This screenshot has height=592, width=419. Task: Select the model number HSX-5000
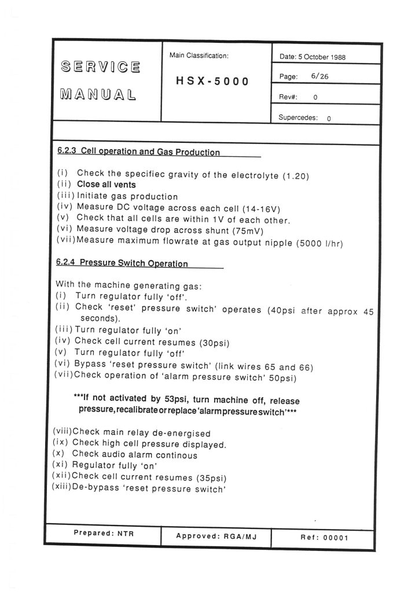coord(212,82)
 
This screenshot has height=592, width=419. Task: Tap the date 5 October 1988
coord(321,57)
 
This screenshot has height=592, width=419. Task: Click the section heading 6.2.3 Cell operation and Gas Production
coord(138,153)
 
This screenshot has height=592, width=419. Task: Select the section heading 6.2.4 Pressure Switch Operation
coord(122,264)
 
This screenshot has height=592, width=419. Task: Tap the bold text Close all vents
coord(106,186)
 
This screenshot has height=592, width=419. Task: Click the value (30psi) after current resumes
coord(215,342)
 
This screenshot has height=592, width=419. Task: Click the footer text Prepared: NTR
coord(104,534)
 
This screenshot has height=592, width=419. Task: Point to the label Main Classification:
coord(199,56)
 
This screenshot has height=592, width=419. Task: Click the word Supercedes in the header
coord(297,117)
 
